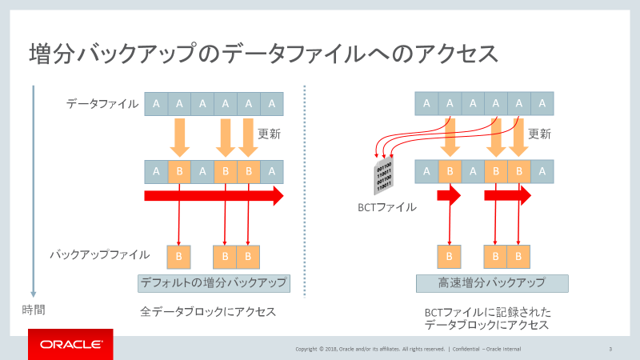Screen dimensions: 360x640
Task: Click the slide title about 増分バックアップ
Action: coord(264,54)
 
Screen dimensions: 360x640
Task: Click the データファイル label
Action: coord(102,103)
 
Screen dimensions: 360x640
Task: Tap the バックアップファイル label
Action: coord(100,255)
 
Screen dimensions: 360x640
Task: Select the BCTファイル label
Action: coord(386,207)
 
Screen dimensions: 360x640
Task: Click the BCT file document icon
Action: coord(383,174)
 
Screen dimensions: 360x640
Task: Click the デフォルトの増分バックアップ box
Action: coord(213,282)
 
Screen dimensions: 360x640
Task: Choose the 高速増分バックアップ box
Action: coord(491,282)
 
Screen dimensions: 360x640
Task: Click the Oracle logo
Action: coord(70,344)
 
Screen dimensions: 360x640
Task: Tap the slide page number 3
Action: coord(610,349)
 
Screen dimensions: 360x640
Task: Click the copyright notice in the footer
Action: coord(408,349)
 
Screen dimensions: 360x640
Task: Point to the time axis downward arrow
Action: coord(33,192)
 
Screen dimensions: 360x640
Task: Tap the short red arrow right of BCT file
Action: coord(449,195)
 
